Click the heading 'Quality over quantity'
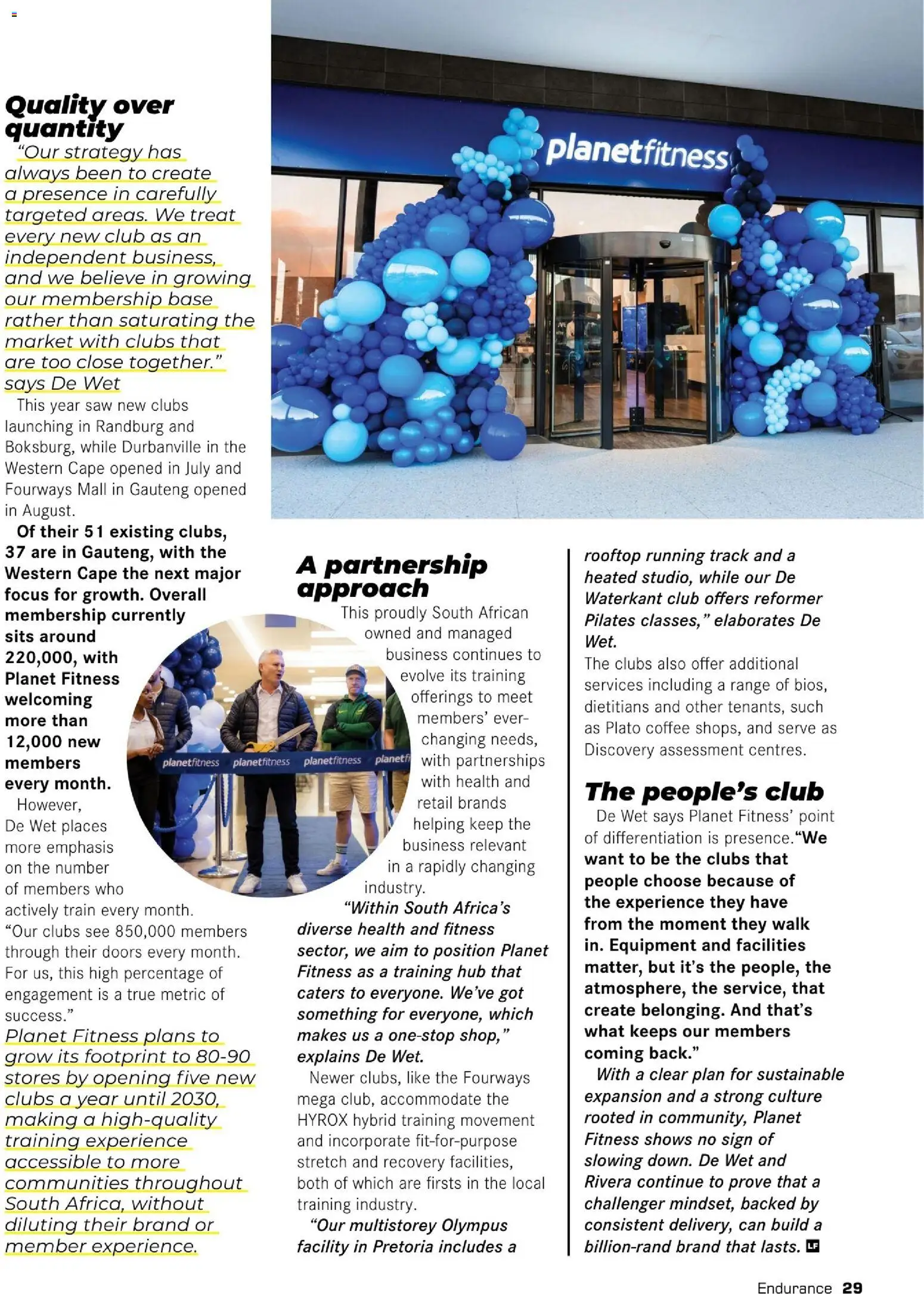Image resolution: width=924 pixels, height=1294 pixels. pos(89,117)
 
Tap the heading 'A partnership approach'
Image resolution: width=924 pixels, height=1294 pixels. pos(392,576)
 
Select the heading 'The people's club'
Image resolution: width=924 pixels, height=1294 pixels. pos(704,791)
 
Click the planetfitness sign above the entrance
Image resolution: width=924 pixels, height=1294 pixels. pos(637,152)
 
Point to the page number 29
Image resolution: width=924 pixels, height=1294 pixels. pos(852,1283)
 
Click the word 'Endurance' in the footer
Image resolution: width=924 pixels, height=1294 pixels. pos(794,1283)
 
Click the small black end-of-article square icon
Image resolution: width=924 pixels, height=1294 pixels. pos(812,1246)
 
